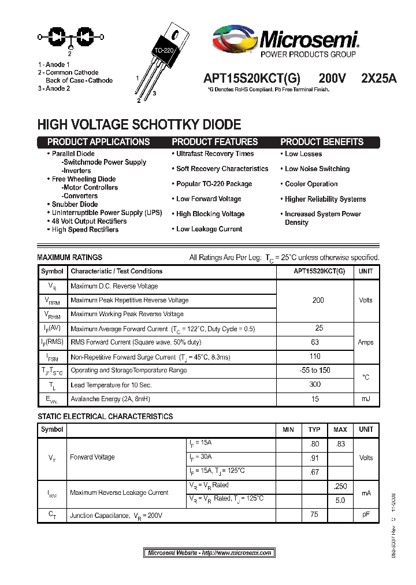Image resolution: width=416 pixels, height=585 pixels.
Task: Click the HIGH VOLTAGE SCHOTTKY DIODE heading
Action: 139,124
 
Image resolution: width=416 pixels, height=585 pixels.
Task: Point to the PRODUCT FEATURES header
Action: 215,142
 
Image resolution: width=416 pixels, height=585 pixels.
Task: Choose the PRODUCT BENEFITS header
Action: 322,142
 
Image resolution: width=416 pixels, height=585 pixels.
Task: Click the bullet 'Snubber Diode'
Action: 75,204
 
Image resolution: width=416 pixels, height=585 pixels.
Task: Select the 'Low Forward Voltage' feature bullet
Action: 209,199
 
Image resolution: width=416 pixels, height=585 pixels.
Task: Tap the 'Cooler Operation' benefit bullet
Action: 311,184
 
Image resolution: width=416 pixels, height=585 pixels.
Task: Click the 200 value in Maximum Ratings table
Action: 318,300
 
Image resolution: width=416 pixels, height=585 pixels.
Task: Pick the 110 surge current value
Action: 315,357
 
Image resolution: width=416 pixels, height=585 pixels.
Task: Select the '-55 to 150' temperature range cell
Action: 315,371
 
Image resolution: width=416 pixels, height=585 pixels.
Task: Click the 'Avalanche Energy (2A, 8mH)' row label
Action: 109,399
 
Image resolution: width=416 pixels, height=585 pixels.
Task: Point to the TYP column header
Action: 314,430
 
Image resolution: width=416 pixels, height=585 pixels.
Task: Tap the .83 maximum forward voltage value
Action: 340,444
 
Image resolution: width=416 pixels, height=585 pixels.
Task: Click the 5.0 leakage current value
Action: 340,500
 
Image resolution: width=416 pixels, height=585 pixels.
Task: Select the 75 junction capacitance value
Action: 314,514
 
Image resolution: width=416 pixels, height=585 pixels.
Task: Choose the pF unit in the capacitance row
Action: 366,514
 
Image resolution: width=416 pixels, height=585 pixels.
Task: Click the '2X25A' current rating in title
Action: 378,80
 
